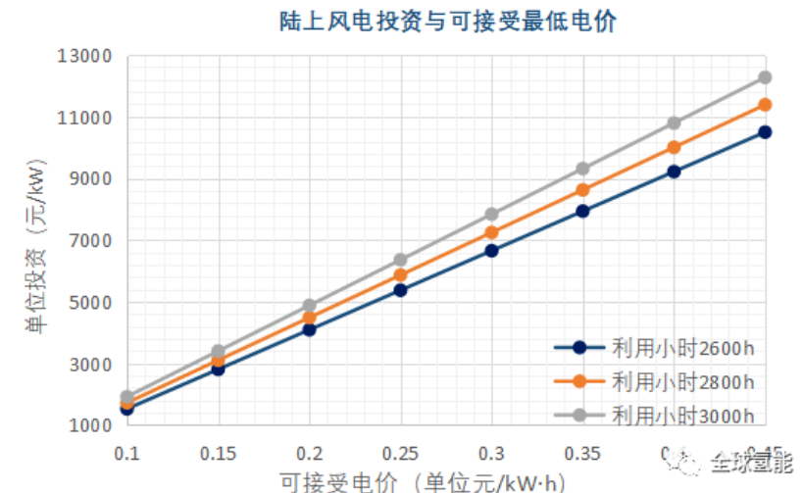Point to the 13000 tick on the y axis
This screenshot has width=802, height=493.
pyautogui.click(x=87, y=57)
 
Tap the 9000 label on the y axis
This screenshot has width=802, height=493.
pyautogui.click(x=92, y=179)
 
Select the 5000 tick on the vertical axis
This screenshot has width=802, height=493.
pyautogui.click(x=92, y=303)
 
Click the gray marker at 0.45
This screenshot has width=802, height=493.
pyautogui.click(x=765, y=76)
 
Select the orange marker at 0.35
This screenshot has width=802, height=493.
pyautogui.click(x=583, y=190)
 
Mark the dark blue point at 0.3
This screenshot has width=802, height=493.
pyautogui.click(x=492, y=251)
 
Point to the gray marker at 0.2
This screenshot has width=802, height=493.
pyautogui.click(x=309, y=306)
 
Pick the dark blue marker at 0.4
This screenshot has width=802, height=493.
pyautogui.click(x=675, y=172)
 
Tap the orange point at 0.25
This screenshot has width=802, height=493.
pyautogui.click(x=400, y=275)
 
